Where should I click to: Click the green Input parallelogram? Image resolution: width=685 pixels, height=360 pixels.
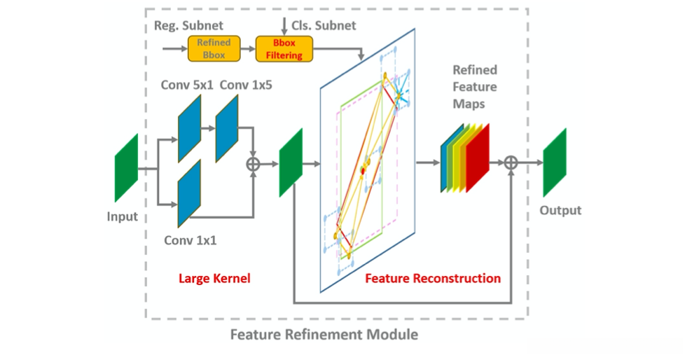pyautogui.click(x=127, y=167)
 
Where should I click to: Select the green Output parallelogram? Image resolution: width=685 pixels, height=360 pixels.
pyautogui.click(x=554, y=162)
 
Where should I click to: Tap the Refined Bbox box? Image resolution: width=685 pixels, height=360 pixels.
pyautogui.click(x=214, y=48)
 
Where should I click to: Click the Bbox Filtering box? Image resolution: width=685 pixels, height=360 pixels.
pyautogui.click(x=284, y=48)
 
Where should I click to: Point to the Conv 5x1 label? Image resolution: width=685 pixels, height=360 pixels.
pyautogui.click(x=187, y=85)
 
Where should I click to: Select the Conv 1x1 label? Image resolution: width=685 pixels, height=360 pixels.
pyautogui.click(x=191, y=240)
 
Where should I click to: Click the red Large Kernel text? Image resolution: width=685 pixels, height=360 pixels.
pyautogui.click(x=214, y=278)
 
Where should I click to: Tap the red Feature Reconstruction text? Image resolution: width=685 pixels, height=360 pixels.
pyautogui.click(x=433, y=278)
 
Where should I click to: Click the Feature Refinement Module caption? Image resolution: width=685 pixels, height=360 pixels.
pyautogui.click(x=324, y=334)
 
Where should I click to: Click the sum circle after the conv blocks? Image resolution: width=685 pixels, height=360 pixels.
pyautogui.click(x=253, y=164)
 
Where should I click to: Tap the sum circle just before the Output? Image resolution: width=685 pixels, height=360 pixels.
pyautogui.click(x=512, y=162)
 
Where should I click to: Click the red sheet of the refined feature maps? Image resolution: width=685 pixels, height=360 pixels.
pyautogui.click(x=479, y=158)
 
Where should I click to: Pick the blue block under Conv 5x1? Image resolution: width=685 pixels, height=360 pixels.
pyautogui.click(x=190, y=128)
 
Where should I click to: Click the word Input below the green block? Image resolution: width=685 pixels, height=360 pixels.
pyautogui.click(x=123, y=216)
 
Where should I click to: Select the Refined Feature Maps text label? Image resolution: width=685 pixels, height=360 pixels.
pyautogui.click(x=474, y=87)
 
